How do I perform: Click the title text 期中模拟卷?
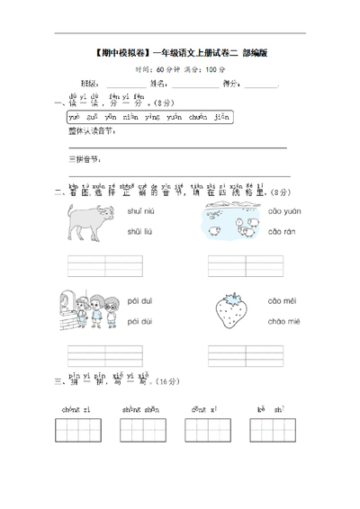tap(121, 53)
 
